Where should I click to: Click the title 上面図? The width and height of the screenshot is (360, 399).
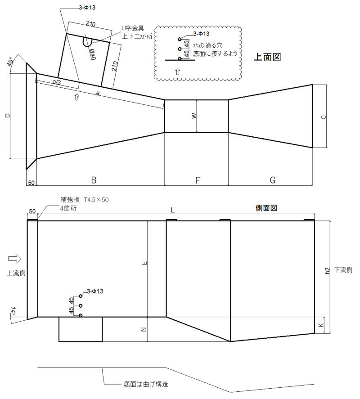[267, 57]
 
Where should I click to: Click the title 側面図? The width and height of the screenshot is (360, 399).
[266, 208]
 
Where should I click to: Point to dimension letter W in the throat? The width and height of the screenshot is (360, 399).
[194, 116]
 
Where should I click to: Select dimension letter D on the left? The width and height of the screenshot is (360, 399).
[8, 116]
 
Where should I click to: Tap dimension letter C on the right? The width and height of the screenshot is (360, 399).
[324, 117]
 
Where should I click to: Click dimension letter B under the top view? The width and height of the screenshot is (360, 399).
[94, 180]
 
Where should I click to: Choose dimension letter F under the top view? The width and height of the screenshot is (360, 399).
[198, 180]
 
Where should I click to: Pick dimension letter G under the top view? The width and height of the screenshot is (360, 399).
[272, 180]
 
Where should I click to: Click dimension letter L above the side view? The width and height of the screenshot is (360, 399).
[172, 210]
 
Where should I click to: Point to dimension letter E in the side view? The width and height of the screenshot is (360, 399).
[144, 263]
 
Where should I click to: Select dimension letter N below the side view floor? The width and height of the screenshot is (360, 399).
[144, 329]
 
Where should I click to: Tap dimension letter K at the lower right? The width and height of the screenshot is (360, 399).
[321, 325]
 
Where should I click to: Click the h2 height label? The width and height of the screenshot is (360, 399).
[328, 271]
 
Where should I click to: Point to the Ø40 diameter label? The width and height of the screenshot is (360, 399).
[92, 54]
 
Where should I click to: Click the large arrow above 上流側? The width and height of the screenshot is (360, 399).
[15, 259]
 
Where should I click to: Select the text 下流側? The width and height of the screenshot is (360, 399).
[343, 270]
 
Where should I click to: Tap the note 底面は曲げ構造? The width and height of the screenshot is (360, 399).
[146, 384]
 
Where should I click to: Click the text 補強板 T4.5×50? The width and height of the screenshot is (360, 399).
[85, 200]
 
